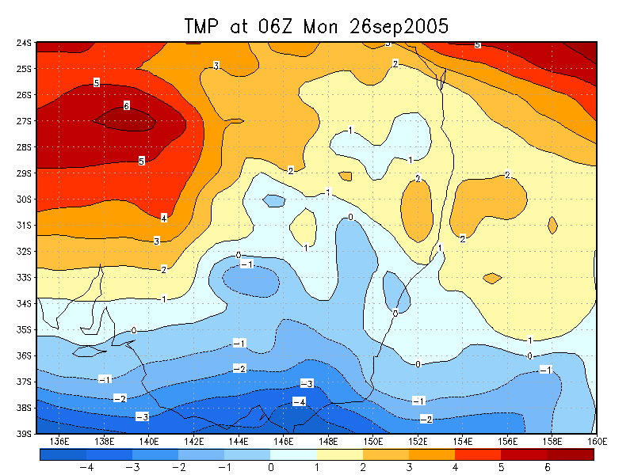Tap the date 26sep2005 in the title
click(x=400, y=26)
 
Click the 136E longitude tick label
click(x=59, y=441)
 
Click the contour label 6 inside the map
click(x=126, y=106)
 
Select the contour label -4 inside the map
click(x=299, y=402)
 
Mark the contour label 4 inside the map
click(x=164, y=218)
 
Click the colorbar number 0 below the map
click(x=271, y=468)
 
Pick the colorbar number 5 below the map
click(x=501, y=468)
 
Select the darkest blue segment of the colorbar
click(x=63, y=454)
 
